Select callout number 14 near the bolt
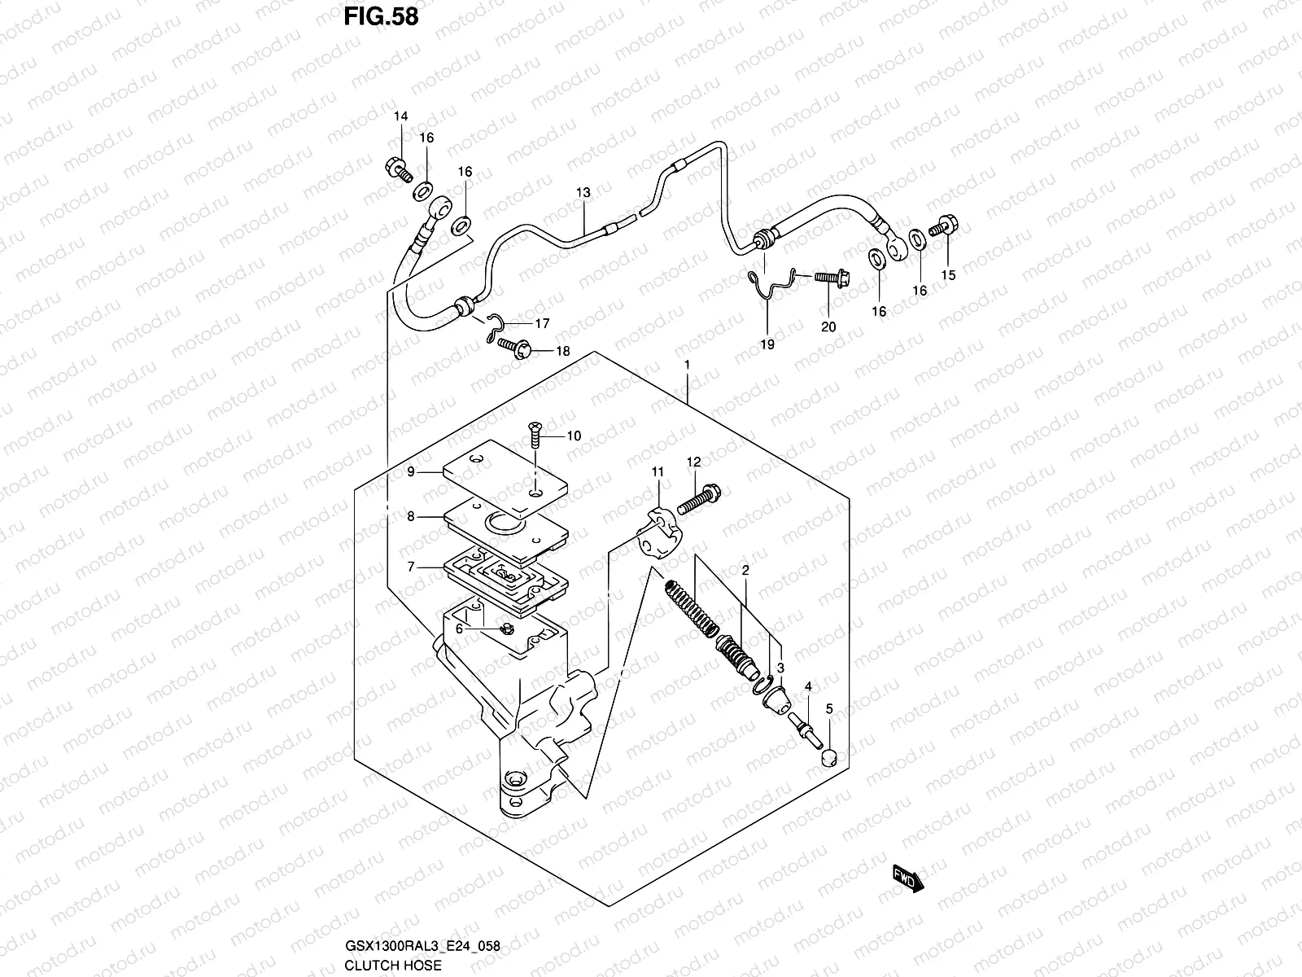(x=400, y=117)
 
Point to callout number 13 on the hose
(x=583, y=193)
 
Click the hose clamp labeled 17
(x=492, y=326)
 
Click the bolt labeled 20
(x=826, y=278)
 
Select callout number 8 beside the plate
(x=411, y=516)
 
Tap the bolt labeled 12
(x=700, y=498)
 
